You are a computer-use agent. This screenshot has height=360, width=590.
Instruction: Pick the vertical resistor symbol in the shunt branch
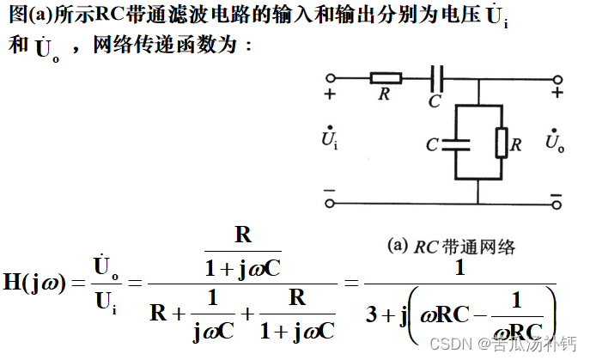501,143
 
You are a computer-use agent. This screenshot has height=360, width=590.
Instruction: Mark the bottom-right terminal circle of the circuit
557,204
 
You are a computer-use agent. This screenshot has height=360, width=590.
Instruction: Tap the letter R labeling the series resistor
384,94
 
